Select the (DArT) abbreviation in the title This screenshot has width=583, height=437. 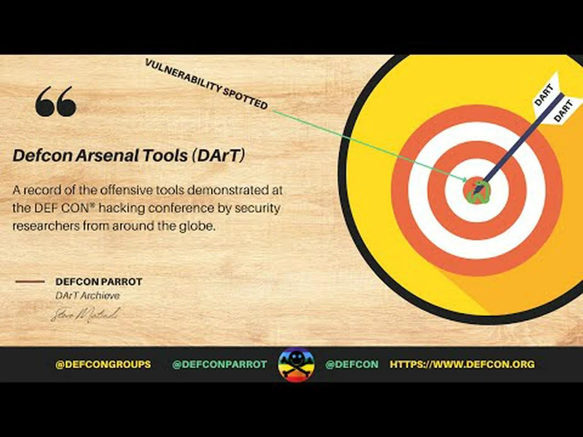[x=218, y=156]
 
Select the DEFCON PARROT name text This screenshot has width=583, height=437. [x=99, y=282]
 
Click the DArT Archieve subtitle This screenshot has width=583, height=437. [x=87, y=296]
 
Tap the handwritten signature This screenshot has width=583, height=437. [x=85, y=314]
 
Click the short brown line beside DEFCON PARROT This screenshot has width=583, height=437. [x=30, y=282]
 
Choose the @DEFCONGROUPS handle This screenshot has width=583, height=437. [x=103, y=364]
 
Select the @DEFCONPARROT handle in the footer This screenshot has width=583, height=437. [x=220, y=364]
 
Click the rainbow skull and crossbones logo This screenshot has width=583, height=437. [x=296, y=364]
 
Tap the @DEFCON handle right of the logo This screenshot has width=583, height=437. [x=352, y=364]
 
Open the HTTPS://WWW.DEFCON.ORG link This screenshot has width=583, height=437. [x=462, y=364]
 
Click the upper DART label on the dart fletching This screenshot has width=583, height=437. [x=543, y=95]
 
